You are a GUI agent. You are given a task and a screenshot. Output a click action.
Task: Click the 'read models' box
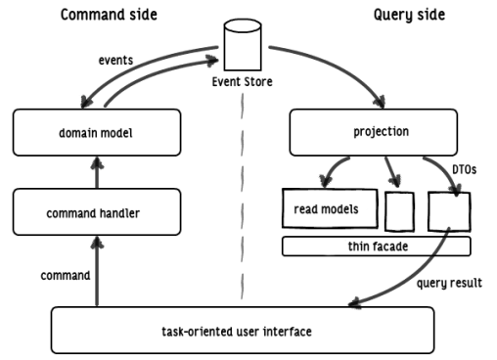tap(327, 207)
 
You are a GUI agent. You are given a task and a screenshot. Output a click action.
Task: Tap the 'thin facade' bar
tap(376, 246)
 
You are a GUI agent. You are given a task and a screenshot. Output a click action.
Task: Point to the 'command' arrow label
tap(66, 277)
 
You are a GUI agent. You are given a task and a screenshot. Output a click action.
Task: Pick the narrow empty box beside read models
tap(399, 209)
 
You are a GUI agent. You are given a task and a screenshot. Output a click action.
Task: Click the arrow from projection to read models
tap(338, 171)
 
